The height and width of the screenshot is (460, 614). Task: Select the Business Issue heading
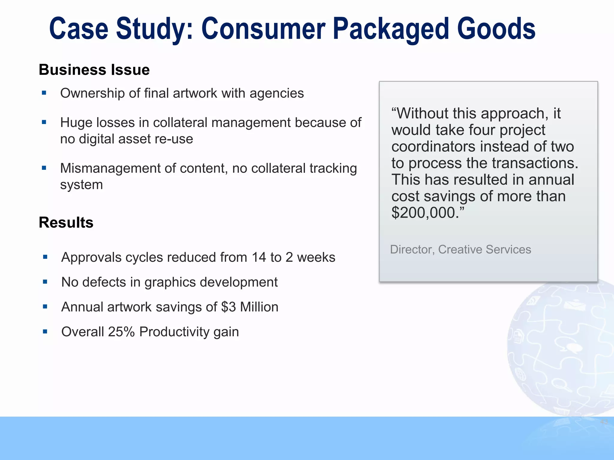[x=94, y=70]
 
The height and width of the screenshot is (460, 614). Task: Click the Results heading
[x=66, y=223]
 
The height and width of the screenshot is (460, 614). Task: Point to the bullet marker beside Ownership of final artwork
[x=44, y=93]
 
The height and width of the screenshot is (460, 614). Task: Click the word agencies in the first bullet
[x=276, y=93]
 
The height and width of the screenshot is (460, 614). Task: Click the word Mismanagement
[x=110, y=168]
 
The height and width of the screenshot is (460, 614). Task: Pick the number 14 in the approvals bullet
[x=259, y=257]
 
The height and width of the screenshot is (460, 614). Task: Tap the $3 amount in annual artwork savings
[x=228, y=307]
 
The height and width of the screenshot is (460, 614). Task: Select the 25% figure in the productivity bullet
[x=121, y=332]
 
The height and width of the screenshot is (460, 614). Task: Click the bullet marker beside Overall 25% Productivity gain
[x=45, y=332]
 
